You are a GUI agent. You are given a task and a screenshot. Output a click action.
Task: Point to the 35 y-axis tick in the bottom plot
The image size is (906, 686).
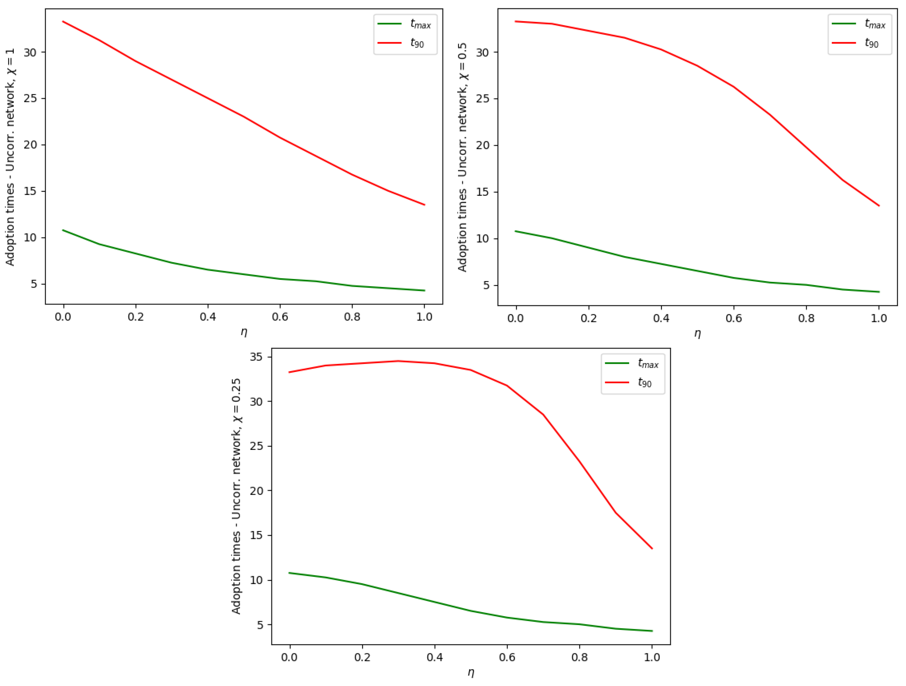point(256,357)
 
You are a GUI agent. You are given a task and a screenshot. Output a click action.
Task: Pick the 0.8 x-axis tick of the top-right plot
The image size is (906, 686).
point(806,318)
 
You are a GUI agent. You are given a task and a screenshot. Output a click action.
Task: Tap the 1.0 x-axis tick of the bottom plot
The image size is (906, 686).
point(652,657)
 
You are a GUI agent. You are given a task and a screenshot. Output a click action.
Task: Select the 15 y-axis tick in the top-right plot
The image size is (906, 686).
point(483,192)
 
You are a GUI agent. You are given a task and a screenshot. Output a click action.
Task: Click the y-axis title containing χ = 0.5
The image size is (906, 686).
point(462,157)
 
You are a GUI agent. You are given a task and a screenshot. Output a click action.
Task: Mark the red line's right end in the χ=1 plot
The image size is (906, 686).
point(424,205)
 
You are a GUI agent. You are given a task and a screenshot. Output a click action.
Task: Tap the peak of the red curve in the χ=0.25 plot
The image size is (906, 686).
point(398,361)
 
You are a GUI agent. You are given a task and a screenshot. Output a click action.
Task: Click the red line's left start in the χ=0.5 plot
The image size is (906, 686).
point(516,21)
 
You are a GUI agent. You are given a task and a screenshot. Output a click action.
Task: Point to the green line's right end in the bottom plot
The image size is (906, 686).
point(652,631)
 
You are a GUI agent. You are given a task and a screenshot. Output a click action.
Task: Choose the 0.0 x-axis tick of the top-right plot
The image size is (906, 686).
point(515,318)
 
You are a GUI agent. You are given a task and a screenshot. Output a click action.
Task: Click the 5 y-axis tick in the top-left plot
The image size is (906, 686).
point(34,284)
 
